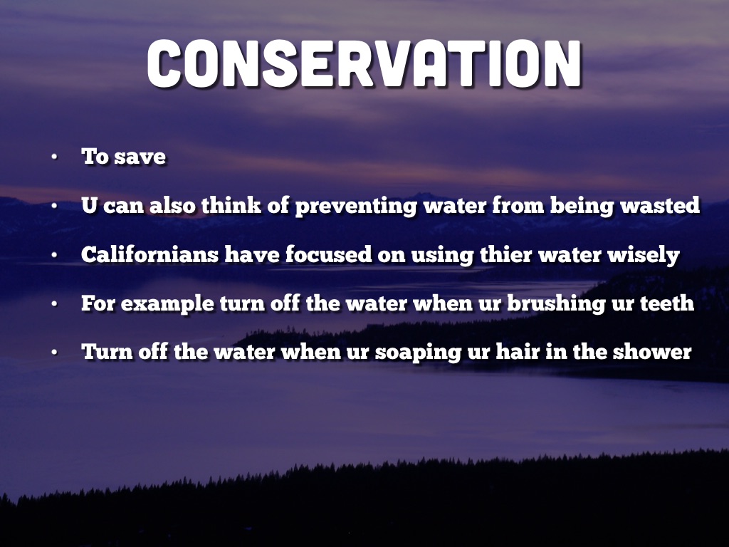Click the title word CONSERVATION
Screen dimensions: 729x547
[x=364, y=63]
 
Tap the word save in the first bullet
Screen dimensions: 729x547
[x=140, y=157]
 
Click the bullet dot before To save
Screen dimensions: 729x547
[x=54, y=157]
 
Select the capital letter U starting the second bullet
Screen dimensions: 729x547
[x=89, y=205]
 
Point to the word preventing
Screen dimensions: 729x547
[x=357, y=207]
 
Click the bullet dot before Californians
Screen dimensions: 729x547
[x=54, y=255]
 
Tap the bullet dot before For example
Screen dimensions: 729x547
[x=54, y=303]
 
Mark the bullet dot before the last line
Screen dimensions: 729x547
[x=54, y=352]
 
